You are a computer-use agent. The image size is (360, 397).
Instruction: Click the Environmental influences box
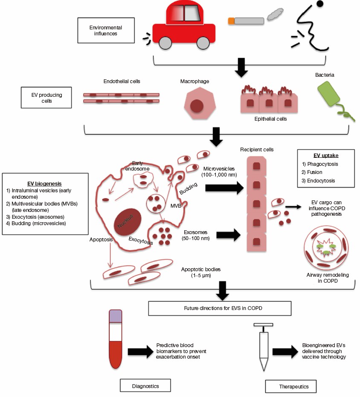(106, 30)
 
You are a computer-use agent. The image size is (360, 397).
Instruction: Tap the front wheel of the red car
(165, 42)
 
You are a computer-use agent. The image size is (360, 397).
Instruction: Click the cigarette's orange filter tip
(231, 20)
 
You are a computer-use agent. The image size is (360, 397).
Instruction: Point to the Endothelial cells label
(122, 81)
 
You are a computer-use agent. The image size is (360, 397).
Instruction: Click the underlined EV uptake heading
(325, 155)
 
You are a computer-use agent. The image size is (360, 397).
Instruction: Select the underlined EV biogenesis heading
(45, 181)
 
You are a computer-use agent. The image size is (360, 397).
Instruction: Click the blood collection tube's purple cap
(116, 316)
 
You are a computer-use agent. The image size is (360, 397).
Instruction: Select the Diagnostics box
(145, 385)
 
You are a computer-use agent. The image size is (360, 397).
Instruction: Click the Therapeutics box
(291, 386)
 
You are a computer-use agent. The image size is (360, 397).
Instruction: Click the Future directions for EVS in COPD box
(220, 307)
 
